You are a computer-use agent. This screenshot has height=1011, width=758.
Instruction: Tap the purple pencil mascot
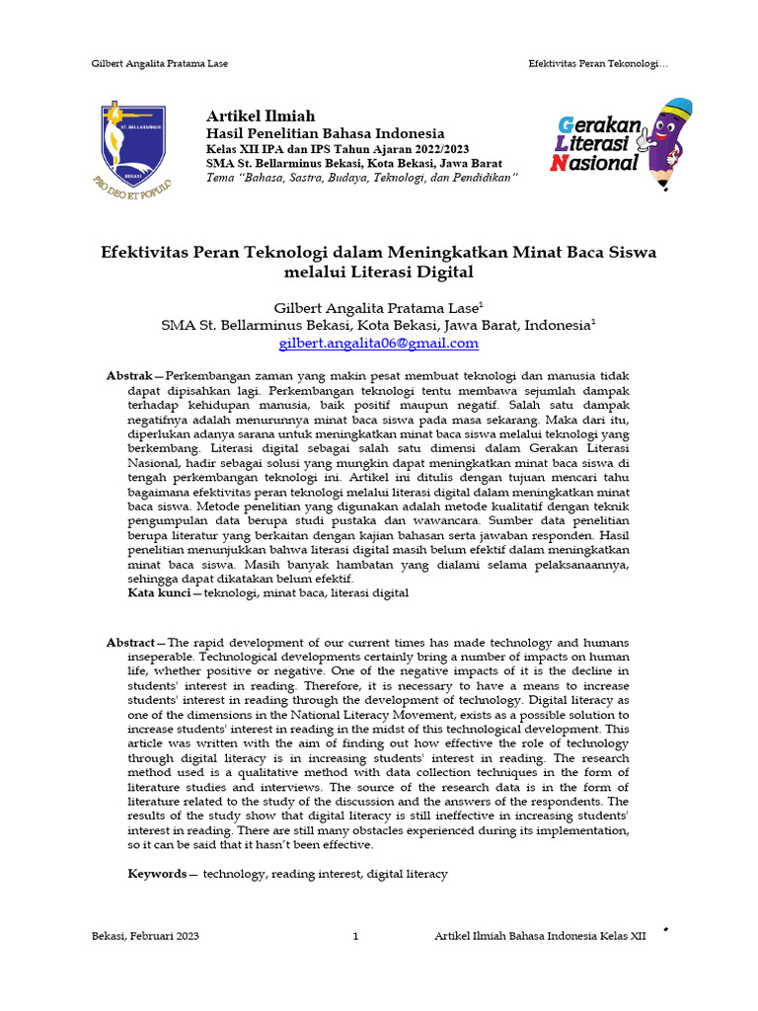click(668, 137)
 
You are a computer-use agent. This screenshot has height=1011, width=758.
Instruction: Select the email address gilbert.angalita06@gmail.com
click(379, 343)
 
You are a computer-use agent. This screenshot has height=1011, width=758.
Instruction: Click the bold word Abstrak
click(128, 376)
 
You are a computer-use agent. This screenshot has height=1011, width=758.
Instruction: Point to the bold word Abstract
click(130, 643)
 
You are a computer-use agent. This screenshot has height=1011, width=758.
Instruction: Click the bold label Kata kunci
click(159, 593)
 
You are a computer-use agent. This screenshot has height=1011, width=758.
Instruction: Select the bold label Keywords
click(157, 874)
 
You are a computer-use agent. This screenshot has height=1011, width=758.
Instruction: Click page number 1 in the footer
click(355, 937)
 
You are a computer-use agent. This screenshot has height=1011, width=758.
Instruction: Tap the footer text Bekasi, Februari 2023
click(145, 937)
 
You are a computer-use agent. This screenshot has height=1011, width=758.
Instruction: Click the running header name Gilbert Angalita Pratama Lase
click(159, 63)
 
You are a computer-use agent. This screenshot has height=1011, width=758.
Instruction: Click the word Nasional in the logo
click(595, 163)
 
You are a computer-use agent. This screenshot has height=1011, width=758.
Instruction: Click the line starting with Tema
click(361, 176)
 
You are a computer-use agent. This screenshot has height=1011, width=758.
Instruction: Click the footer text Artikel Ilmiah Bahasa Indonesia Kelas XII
click(540, 937)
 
